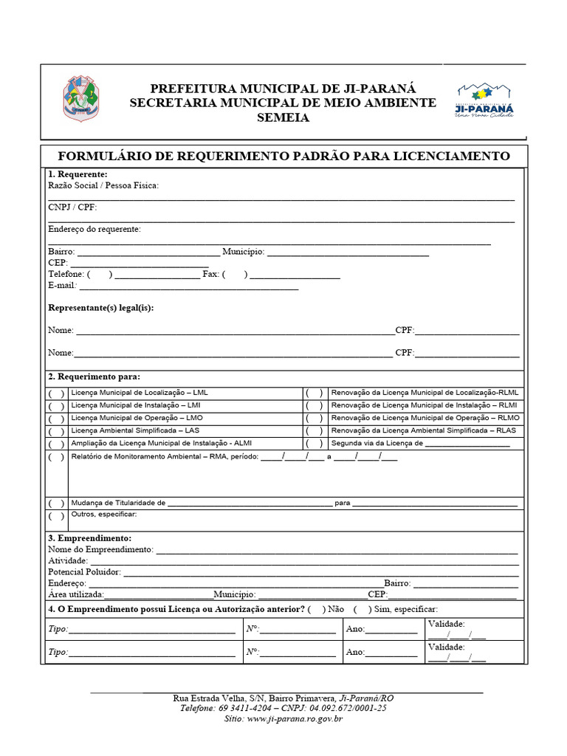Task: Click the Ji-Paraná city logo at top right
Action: pyautogui.click(x=484, y=100)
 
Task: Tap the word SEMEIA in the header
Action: pyautogui.click(x=283, y=118)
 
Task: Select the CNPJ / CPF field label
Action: pyautogui.click(x=72, y=207)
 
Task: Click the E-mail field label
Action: pyautogui.click(x=63, y=285)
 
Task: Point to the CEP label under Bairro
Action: pyautogui.click(x=58, y=263)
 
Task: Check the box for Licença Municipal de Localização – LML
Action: pyautogui.click(x=57, y=394)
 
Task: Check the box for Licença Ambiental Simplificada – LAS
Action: pyautogui.click(x=57, y=431)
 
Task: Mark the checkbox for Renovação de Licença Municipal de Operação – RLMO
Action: pyautogui.click(x=315, y=419)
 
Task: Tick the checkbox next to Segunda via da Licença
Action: pyautogui.click(x=315, y=444)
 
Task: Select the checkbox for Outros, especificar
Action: pyautogui.click(x=57, y=517)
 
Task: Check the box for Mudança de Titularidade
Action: pyautogui.click(x=57, y=504)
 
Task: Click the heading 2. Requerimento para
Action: pyautogui.click(x=94, y=377)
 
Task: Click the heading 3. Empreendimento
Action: pyautogui.click(x=89, y=538)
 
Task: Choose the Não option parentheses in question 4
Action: pyautogui.click(x=317, y=609)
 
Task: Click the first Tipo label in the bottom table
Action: pyautogui.click(x=58, y=630)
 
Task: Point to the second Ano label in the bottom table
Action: pyautogui.click(x=354, y=653)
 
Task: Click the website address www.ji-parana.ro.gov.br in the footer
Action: pyautogui.click(x=295, y=718)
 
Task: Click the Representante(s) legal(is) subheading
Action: pyautogui.click(x=101, y=308)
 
